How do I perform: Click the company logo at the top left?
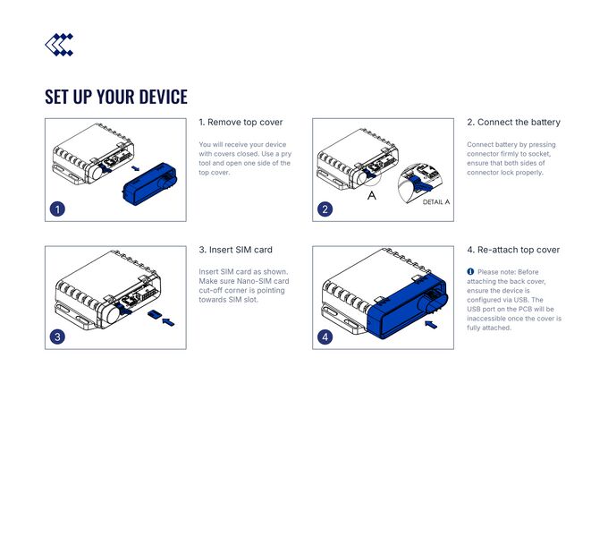[x=59, y=44]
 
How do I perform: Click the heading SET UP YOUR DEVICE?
[x=116, y=97]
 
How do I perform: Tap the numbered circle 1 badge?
[x=57, y=209]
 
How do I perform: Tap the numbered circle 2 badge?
[x=325, y=209]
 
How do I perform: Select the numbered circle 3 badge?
[x=57, y=337]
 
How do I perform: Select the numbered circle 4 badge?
[x=325, y=337]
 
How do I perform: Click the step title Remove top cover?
[x=241, y=122]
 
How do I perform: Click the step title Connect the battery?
[x=513, y=122]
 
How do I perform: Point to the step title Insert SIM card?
[x=235, y=250]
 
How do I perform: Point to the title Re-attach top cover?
[x=513, y=250]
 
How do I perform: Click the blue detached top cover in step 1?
[x=148, y=184]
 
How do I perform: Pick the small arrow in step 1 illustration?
[x=135, y=166]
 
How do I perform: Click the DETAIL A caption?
[x=435, y=202]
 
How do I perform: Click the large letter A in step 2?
[x=372, y=194]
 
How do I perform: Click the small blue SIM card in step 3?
[x=154, y=314]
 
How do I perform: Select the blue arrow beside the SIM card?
[x=169, y=320]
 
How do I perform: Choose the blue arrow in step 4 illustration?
[x=431, y=325]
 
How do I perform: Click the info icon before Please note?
[x=470, y=271]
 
